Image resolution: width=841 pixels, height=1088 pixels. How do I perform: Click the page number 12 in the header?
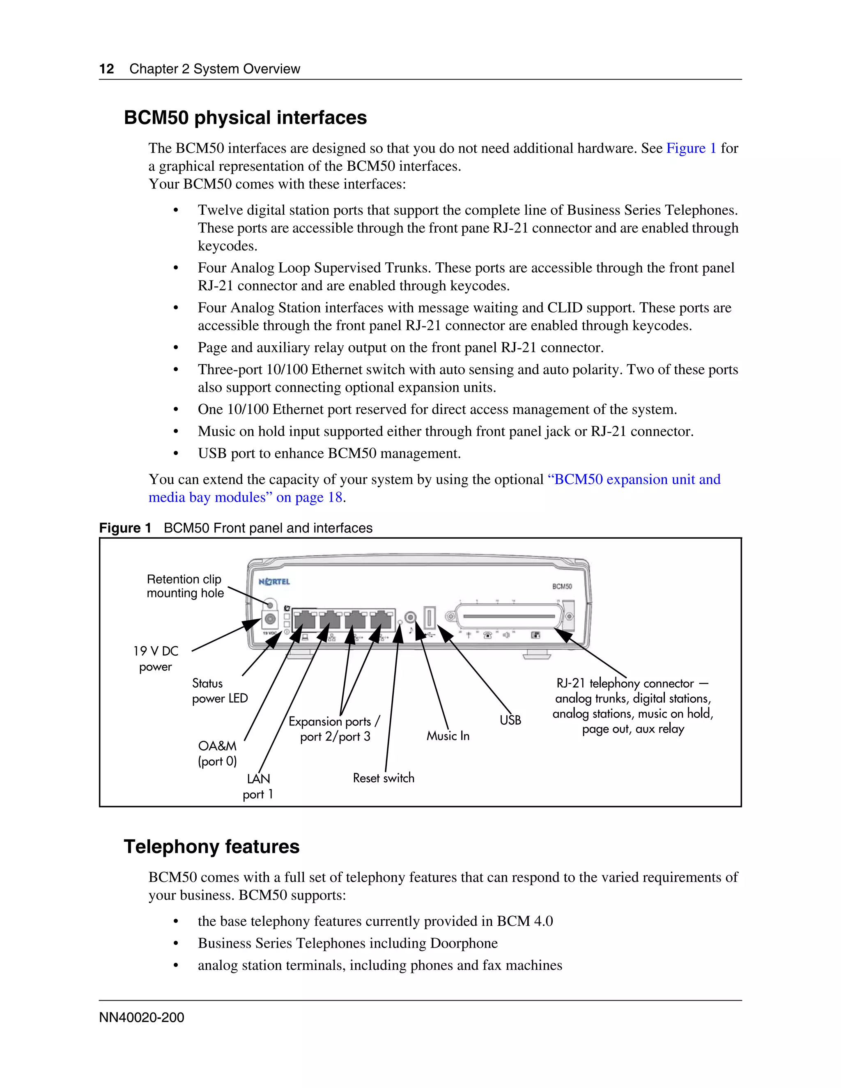(107, 69)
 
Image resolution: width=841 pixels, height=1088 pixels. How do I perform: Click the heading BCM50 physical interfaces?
(245, 117)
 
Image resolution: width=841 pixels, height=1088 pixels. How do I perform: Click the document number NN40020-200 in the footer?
(142, 1017)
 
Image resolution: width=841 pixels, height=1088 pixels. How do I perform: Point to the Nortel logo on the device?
(274, 581)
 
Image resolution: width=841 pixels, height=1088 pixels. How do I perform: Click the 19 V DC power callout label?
(156, 659)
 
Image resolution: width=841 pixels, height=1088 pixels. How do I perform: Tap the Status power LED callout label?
(220, 691)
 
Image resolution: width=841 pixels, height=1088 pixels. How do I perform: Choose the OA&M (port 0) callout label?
(217, 753)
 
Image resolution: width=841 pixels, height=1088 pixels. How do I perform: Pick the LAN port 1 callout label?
(258, 786)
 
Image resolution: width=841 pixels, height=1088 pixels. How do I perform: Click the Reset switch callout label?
(383, 778)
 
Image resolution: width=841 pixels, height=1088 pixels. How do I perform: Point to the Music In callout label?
(448, 736)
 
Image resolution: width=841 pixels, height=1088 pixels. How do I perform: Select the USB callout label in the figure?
(510, 720)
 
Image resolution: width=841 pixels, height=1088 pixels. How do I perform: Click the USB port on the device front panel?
(430, 618)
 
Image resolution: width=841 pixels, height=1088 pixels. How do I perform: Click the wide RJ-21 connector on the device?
(508, 617)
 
